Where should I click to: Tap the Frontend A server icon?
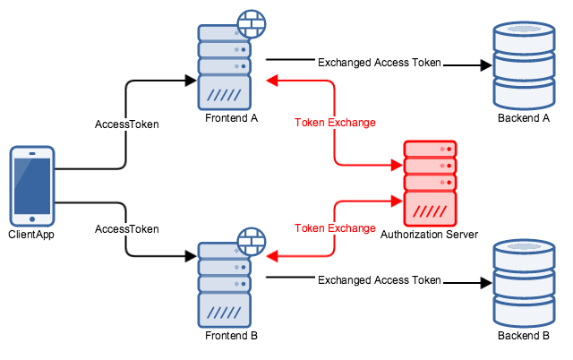click(225, 67)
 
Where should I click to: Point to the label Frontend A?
click(231, 118)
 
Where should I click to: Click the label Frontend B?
click(231, 336)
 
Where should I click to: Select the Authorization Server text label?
click(430, 235)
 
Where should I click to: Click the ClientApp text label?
click(32, 236)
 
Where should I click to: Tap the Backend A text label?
click(524, 119)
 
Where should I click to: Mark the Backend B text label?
click(524, 336)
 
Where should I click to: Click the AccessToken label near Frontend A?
click(126, 124)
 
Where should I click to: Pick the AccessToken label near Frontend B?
click(126, 229)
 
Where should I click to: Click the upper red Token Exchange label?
click(335, 122)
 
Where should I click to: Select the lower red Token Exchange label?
click(335, 228)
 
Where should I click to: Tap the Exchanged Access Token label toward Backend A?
click(380, 63)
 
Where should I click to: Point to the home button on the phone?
click(31, 218)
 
